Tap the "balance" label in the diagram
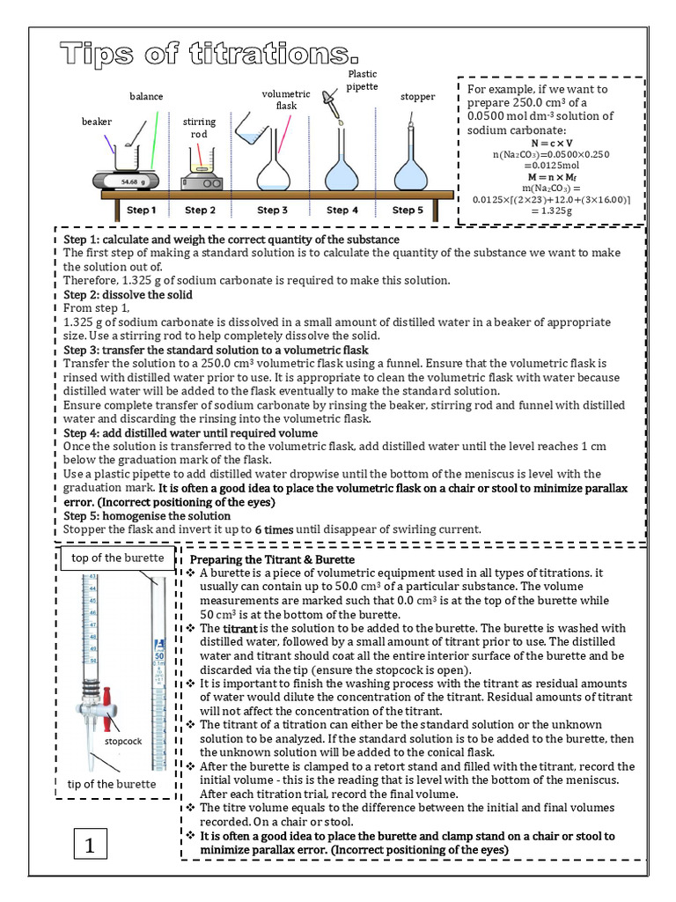(x=146, y=96)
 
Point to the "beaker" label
(x=97, y=122)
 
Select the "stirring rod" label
(x=200, y=128)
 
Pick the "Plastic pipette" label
(x=362, y=80)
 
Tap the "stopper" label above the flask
(x=417, y=96)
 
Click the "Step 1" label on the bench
(x=141, y=211)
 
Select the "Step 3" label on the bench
(x=272, y=211)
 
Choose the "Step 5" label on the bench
(x=408, y=211)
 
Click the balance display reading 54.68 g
(x=127, y=181)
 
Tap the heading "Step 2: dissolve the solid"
(x=128, y=294)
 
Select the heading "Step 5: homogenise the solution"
(x=147, y=515)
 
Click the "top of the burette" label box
(x=117, y=558)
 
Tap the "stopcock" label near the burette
(x=123, y=741)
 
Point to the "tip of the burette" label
(x=112, y=784)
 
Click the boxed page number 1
(x=90, y=847)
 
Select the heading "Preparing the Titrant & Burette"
(x=273, y=560)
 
